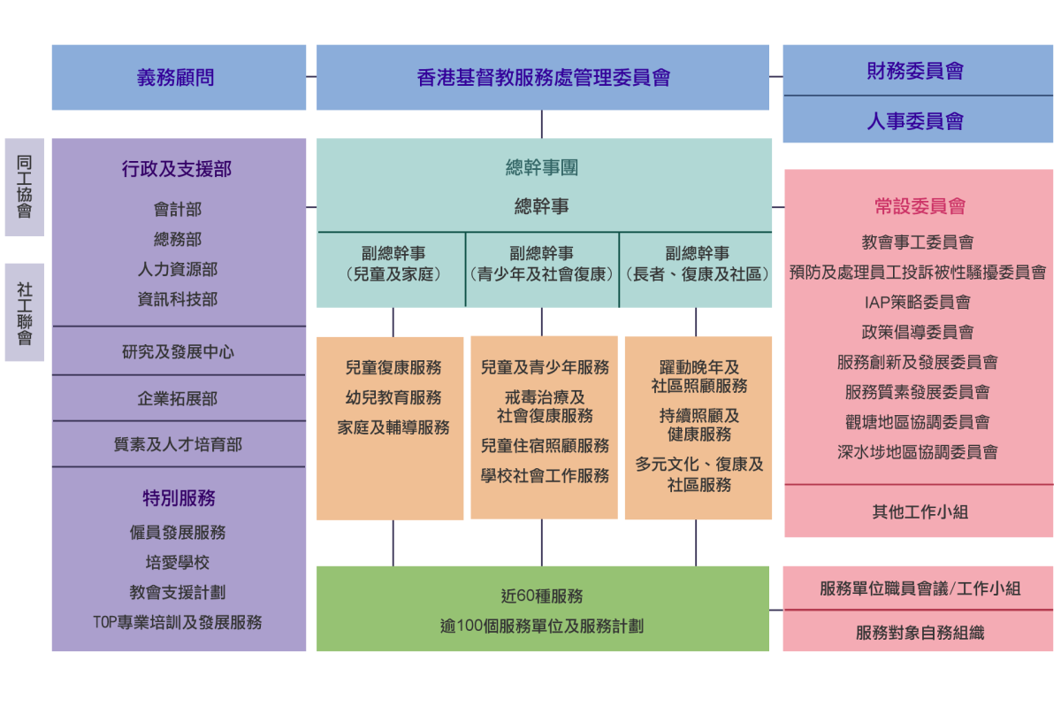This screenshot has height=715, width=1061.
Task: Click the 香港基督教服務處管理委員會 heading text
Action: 543,78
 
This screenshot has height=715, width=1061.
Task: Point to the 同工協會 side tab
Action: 24,187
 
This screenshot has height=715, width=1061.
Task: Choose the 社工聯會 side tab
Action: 24,312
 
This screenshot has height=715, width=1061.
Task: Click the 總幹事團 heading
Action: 542,167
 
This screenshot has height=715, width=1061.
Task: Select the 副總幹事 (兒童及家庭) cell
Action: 393,264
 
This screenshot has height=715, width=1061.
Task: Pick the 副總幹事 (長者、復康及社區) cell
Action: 697,264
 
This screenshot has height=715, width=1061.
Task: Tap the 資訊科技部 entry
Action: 178,299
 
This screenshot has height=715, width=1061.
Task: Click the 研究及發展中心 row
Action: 178,351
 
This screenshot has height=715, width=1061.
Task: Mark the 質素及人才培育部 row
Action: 178,444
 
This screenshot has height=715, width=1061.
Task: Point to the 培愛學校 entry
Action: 178,563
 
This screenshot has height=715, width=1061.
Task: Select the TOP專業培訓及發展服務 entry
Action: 178,622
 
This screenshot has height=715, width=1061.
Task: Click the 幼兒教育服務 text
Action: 393,397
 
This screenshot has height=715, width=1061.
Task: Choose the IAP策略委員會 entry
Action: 918,302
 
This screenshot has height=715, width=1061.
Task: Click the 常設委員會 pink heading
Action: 920,206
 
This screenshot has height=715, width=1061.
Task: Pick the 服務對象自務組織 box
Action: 920,633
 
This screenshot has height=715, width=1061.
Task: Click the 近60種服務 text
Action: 542,596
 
